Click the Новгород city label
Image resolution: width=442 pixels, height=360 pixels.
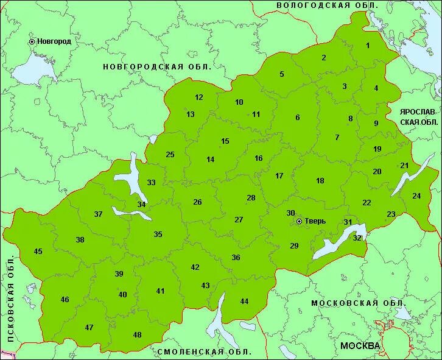pos(54,41)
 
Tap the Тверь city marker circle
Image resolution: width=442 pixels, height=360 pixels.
pos(299,222)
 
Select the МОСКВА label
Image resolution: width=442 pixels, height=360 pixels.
pos(360,346)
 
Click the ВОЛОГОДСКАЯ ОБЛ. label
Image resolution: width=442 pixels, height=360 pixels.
pos(327,5)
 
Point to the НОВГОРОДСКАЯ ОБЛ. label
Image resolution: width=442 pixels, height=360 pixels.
pos(157,66)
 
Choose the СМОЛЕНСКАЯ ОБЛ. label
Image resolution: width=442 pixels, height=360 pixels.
pos(204,352)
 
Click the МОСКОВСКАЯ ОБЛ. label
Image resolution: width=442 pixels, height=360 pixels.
pos(359,303)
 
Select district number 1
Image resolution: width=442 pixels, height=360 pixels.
pos(367,46)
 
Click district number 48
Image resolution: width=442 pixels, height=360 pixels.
pos(137,335)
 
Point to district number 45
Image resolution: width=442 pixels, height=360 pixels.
pos(38,252)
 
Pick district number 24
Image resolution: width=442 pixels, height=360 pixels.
pos(416,196)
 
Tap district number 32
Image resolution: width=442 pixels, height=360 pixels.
pos(357,238)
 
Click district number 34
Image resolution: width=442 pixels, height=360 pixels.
pos(141,204)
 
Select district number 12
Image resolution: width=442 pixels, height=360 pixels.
pos(199,97)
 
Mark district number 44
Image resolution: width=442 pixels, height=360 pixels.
pos(244,302)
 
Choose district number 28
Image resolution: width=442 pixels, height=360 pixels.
pos(251,198)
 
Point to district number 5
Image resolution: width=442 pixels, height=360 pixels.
pos(282,74)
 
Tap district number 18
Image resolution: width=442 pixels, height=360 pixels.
pos(320,181)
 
